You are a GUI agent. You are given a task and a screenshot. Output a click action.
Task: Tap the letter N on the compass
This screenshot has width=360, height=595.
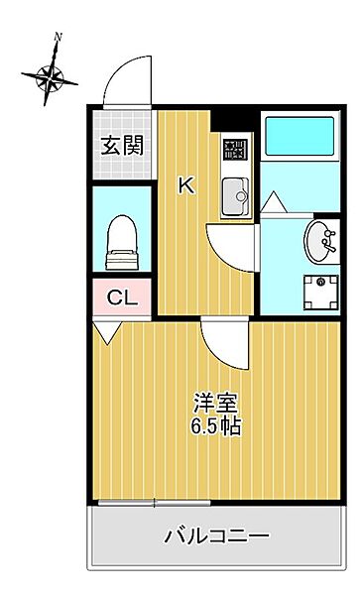point(58,37)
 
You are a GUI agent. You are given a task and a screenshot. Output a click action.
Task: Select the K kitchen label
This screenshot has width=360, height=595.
point(184,183)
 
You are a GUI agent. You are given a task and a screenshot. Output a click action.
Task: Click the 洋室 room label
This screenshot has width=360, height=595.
point(217,405)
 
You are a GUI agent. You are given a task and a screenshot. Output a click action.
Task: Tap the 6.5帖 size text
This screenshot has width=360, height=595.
point(217,428)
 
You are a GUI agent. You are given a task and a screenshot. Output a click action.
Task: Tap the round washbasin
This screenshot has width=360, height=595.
point(320,238)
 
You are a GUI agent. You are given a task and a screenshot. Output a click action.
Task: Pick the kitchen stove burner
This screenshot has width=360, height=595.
point(235,151)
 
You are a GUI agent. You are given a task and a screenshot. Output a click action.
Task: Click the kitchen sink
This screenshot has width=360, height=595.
point(236,193)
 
